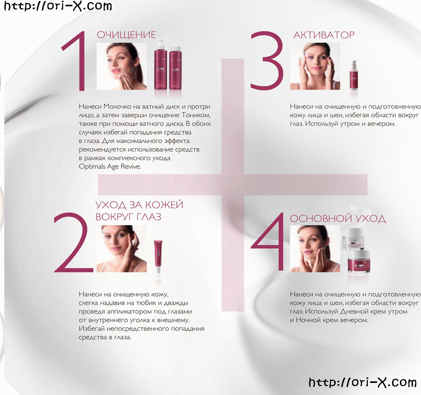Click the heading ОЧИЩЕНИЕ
click(126, 35)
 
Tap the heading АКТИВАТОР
click(324, 35)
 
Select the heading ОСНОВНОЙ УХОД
click(338, 218)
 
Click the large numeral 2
click(73, 242)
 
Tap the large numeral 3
click(267, 60)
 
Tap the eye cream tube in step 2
click(158, 257)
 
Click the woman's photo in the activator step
click(315, 66)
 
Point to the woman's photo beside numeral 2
click(122, 249)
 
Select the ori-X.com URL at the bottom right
click(363, 382)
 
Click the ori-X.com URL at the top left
click(58, 6)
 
